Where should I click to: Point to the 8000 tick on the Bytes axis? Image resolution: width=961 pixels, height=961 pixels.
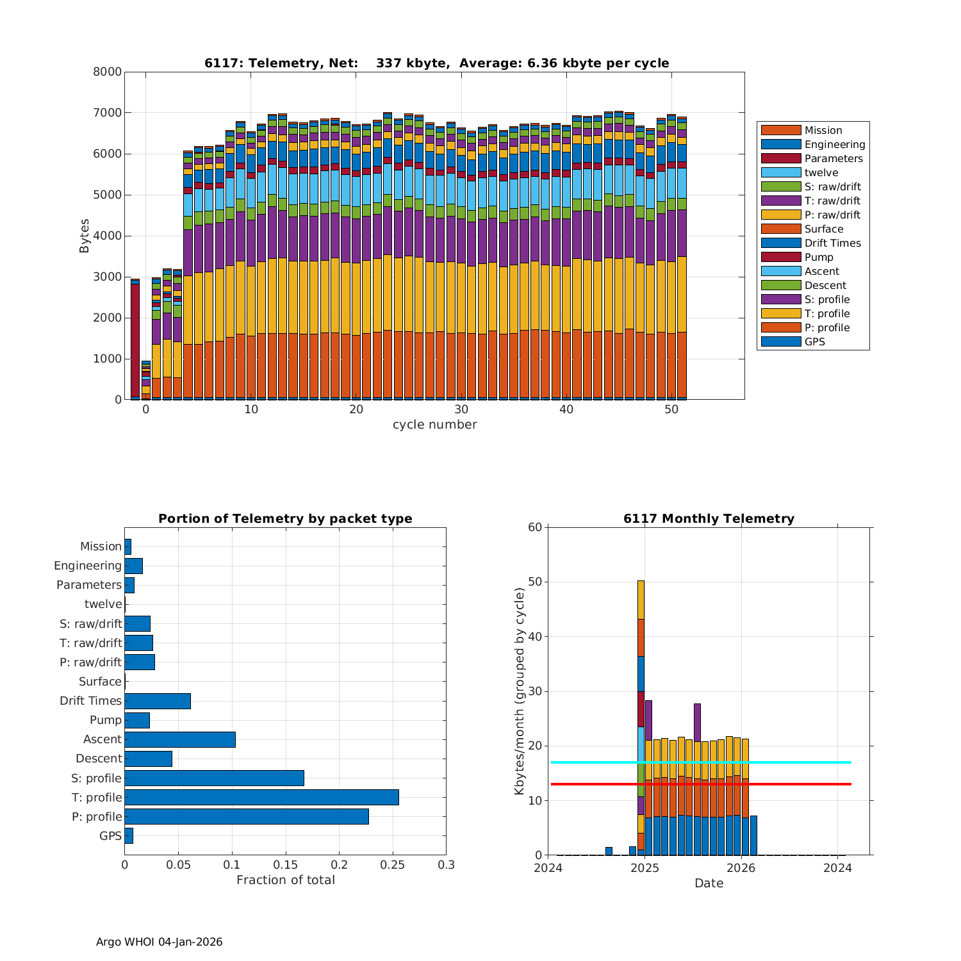point(107,72)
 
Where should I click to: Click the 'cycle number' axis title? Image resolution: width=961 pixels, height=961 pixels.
point(434,424)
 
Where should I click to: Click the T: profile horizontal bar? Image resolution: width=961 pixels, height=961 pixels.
point(261,797)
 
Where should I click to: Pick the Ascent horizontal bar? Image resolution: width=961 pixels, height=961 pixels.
point(180,739)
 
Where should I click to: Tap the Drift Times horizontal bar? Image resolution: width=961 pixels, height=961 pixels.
point(158,701)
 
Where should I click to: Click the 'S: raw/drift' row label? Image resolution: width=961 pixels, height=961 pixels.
point(90,623)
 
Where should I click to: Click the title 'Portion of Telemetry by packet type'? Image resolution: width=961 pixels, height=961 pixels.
point(285,518)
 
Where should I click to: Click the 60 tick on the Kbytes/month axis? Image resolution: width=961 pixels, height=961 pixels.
point(534,527)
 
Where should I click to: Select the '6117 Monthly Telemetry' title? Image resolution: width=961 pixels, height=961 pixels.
point(709,518)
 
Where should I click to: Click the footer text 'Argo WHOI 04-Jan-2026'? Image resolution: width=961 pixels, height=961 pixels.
point(159,942)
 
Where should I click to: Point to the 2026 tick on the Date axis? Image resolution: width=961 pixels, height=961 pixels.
point(741,867)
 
